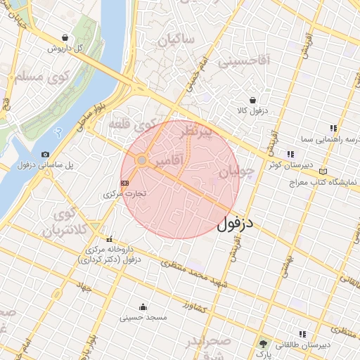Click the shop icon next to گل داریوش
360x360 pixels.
tap(65, 38)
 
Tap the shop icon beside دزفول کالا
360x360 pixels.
tap(252, 100)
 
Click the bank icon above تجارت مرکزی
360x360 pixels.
tap(125, 182)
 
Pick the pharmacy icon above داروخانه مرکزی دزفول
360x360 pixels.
tap(108, 238)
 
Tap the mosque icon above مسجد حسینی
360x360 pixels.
tap(143, 307)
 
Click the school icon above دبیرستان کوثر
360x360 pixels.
tap(290, 155)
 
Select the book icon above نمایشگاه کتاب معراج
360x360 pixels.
tap(323, 171)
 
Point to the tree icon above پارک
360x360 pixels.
tap(264, 345)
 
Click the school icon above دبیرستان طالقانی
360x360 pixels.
tap(302, 334)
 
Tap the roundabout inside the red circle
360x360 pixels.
tap(142, 161)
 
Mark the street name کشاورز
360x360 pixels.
tap(191, 306)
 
